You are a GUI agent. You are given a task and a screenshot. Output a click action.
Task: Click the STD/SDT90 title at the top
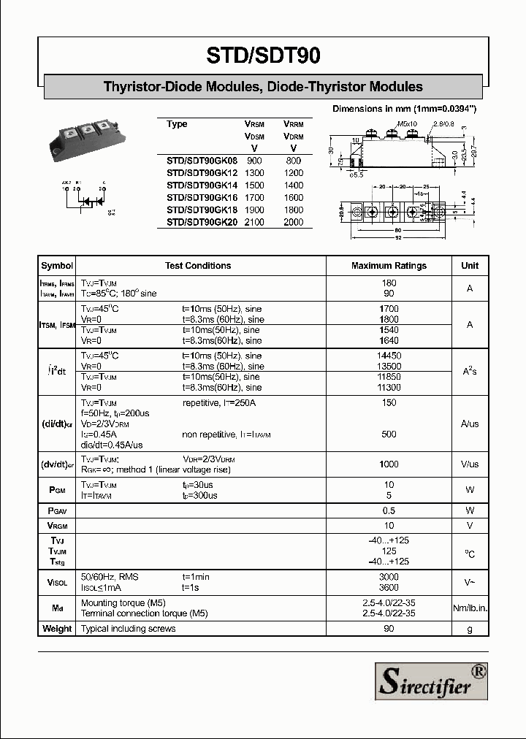tap(263, 55)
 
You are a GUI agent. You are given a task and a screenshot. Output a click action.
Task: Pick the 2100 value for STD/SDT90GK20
tap(254, 221)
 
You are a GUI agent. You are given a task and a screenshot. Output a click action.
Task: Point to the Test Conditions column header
tap(198, 266)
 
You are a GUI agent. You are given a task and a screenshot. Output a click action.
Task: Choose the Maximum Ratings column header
tap(389, 266)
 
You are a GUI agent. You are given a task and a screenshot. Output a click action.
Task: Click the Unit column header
tap(470, 266)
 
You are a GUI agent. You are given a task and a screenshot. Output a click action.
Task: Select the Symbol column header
tap(57, 266)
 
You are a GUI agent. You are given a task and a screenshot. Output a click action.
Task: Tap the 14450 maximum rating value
tap(389, 356)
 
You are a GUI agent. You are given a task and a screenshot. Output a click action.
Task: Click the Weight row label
tap(57, 629)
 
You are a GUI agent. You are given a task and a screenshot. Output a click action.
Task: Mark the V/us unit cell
tap(470, 464)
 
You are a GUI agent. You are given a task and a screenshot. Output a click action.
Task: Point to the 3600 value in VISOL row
tap(389, 587)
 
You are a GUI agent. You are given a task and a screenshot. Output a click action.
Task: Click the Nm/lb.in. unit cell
tap(470, 608)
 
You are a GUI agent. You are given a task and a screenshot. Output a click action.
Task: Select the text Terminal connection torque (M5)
tap(144, 613)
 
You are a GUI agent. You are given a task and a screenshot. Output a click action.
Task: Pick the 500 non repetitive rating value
tap(389, 434)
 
